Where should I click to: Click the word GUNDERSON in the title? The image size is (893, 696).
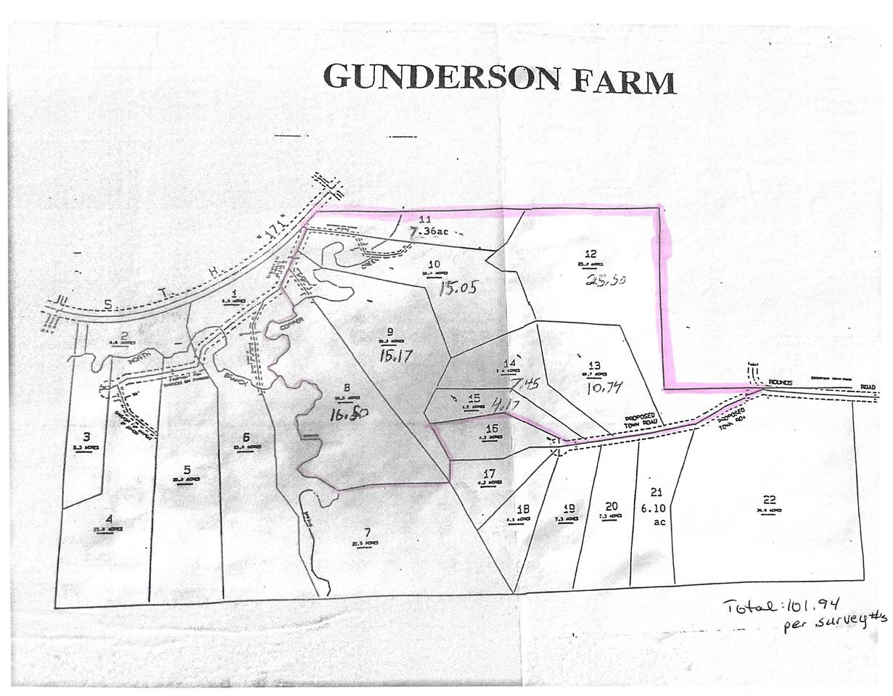point(441,77)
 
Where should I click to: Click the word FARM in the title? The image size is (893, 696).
point(623,81)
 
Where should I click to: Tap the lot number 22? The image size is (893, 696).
point(770,499)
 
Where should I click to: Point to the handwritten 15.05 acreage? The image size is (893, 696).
point(458,289)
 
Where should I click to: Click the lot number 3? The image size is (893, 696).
point(86,436)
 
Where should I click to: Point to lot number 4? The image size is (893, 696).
point(109,518)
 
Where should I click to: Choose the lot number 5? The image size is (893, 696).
point(186,469)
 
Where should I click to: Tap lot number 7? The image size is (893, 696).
point(367,532)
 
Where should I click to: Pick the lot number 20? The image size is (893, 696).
point(611,506)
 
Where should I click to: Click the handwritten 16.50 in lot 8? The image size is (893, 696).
point(348,414)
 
